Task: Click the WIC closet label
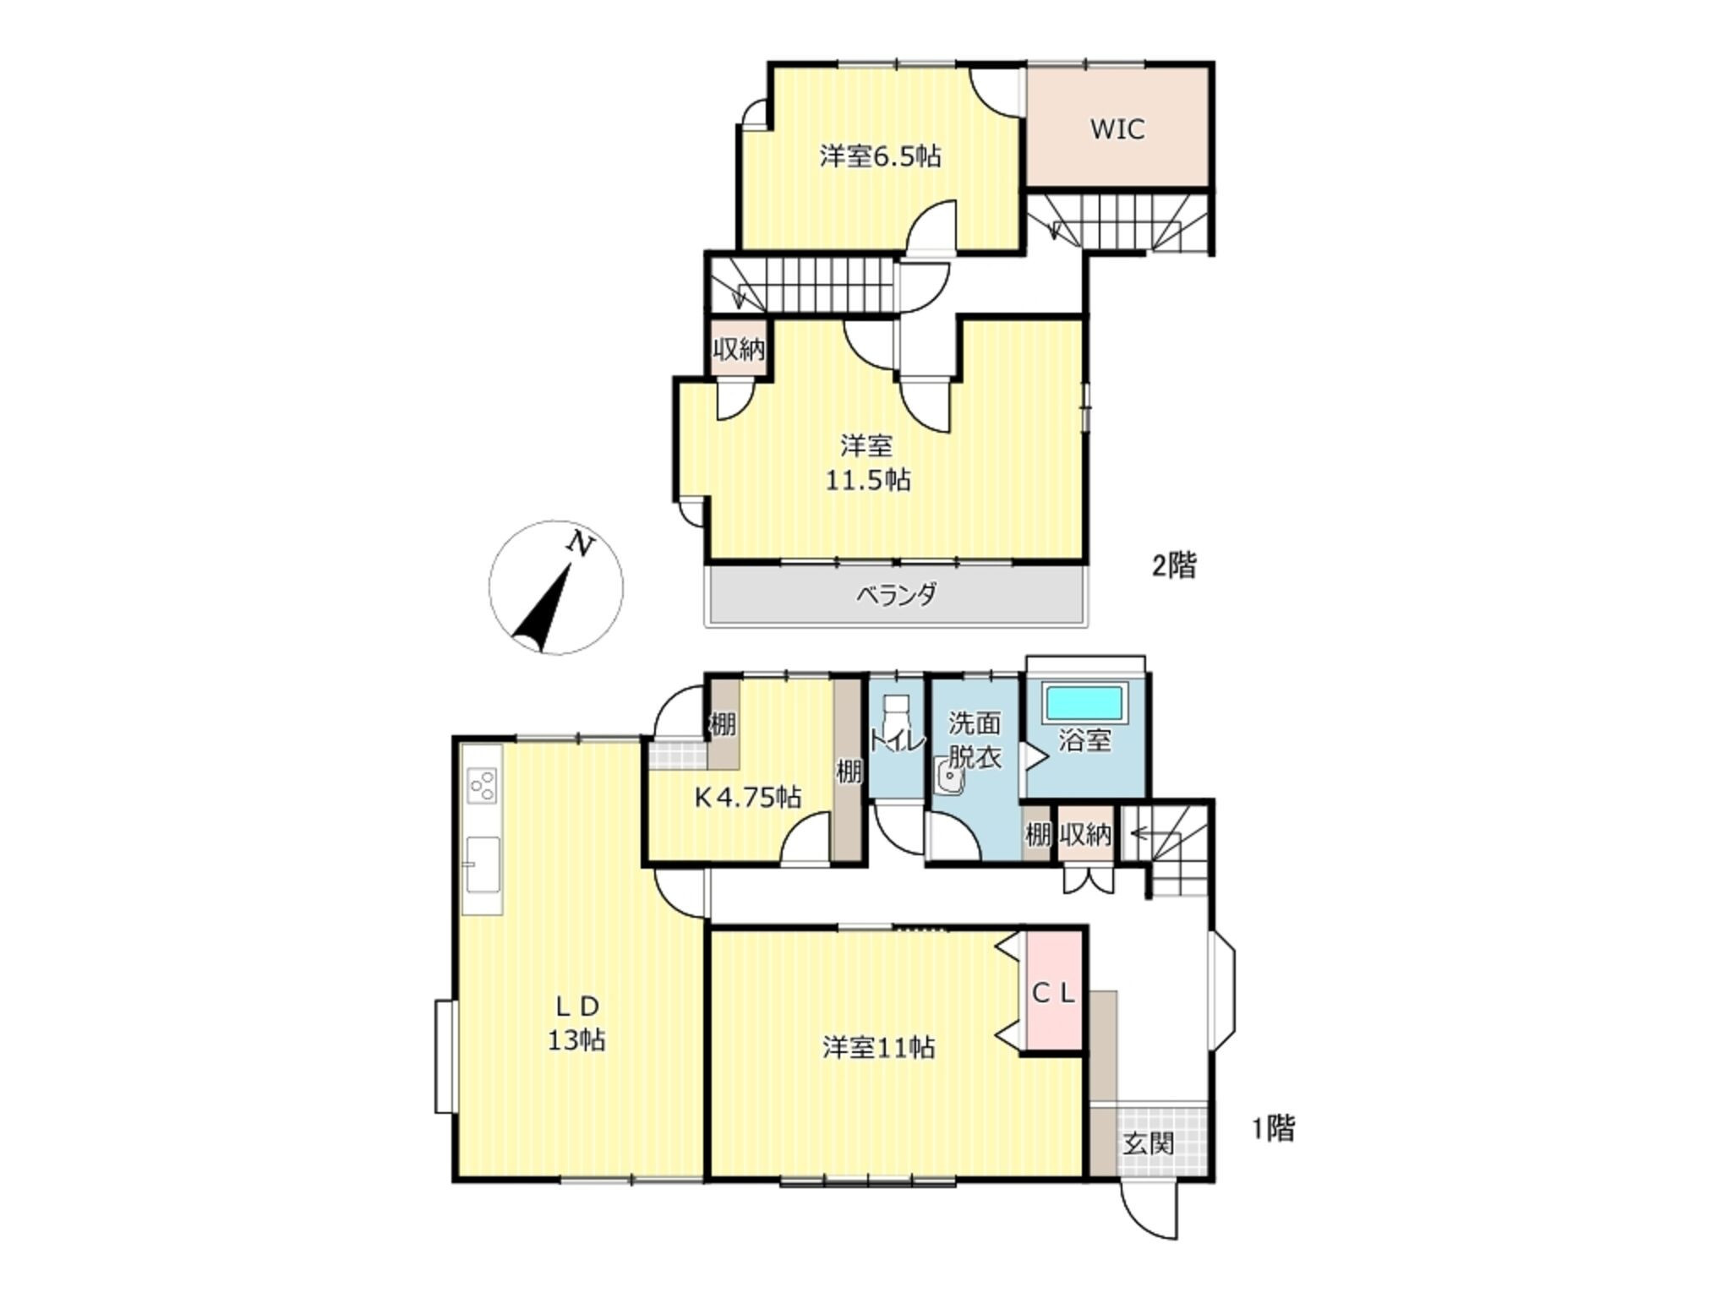[1117, 129]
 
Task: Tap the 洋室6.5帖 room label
[879, 156]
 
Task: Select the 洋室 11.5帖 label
[867, 462]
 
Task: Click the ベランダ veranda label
[896, 595]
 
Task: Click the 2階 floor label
[1175, 565]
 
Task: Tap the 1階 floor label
[1273, 1128]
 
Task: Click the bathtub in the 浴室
[1084, 702]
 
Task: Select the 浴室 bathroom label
[1084, 741]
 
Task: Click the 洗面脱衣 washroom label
[975, 740]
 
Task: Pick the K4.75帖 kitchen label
[748, 797]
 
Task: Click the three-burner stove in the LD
[483, 785]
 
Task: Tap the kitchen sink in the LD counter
[483, 864]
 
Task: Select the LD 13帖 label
[576, 1023]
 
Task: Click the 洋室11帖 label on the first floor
[879, 1048]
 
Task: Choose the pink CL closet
[1053, 990]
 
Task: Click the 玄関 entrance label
[1149, 1144]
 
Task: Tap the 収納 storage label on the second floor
[739, 349]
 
